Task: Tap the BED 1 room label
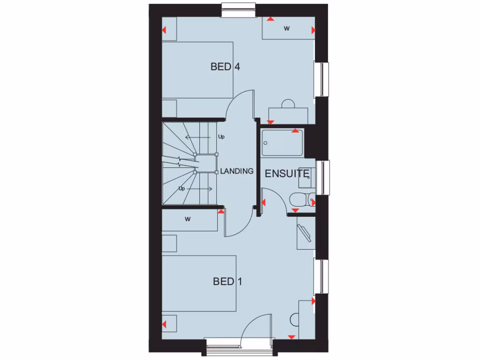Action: tap(227, 281)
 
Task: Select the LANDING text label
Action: tap(237, 171)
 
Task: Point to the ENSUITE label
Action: tap(287, 174)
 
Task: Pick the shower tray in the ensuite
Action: tap(283, 142)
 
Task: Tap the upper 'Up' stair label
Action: tap(221, 137)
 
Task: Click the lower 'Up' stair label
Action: tap(181, 188)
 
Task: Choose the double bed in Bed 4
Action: tap(197, 70)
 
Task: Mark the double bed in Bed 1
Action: tap(199, 283)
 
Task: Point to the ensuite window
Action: tap(323, 177)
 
